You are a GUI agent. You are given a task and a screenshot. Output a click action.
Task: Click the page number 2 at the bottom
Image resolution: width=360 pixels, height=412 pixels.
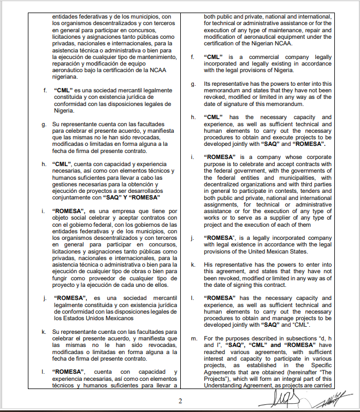180,400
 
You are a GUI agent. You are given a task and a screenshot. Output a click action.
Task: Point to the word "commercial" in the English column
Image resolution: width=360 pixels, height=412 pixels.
256,57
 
